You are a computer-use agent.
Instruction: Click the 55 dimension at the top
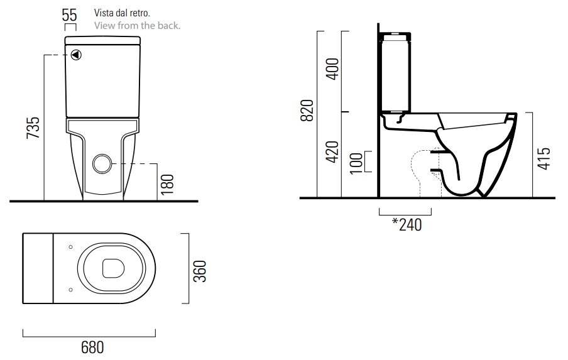69,15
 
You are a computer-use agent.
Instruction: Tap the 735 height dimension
33,128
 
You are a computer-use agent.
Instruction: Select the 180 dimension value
167,184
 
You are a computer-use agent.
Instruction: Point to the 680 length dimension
92,347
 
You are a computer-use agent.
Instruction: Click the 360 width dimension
200,271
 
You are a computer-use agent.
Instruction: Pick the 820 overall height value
307,110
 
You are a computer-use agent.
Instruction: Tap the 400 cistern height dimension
332,69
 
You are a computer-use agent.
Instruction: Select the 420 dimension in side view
332,152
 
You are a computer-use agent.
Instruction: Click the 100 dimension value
356,163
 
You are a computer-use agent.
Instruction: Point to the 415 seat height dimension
543,158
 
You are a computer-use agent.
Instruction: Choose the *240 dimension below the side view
407,224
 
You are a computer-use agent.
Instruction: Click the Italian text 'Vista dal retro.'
122,13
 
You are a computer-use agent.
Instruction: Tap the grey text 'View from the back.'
138,26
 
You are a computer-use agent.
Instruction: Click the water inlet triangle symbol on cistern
76,55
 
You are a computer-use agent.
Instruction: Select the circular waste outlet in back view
102,164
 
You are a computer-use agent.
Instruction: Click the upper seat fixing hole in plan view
70,247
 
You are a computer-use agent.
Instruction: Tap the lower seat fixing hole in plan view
70,290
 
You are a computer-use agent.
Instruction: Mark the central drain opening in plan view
113,268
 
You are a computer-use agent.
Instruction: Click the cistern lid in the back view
102,40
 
